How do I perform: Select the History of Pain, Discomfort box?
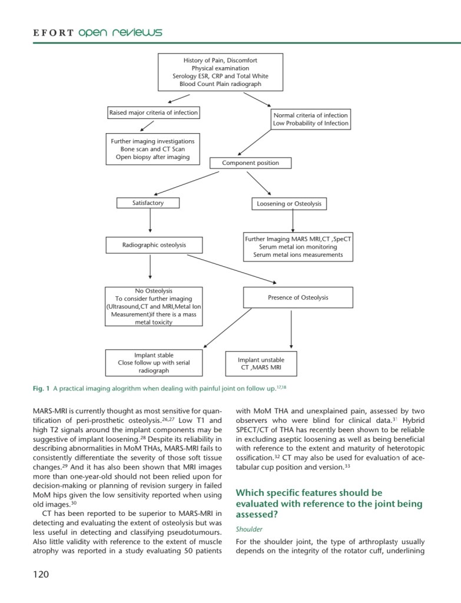click(220, 72)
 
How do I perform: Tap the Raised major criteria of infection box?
click(153, 112)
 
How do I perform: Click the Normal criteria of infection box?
click(310, 120)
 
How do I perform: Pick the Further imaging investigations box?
click(152, 150)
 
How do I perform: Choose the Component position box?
click(250, 163)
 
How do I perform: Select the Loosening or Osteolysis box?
click(288, 204)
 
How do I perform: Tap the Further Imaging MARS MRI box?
click(298, 247)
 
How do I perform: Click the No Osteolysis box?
click(153, 306)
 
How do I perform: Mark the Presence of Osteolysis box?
click(298, 297)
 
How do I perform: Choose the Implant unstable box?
click(261, 363)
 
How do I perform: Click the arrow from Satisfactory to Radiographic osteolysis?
click(151, 223)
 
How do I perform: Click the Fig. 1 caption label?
click(41, 389)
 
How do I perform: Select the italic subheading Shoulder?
click(248, 529)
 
